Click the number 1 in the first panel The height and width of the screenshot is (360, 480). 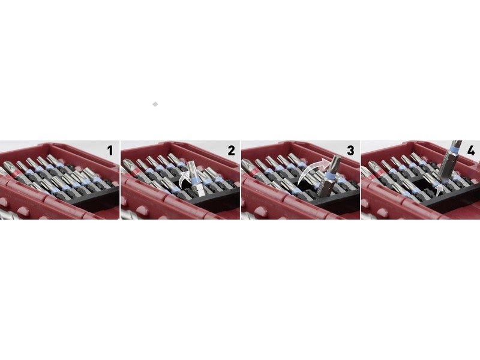[110, 151]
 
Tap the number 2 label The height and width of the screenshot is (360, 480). [231, 151]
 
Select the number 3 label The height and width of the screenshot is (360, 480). [350, 151]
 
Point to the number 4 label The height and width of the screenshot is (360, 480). [471, 151]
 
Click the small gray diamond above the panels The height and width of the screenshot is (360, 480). [155, 104]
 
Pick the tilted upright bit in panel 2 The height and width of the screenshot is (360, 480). [195, 178]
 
